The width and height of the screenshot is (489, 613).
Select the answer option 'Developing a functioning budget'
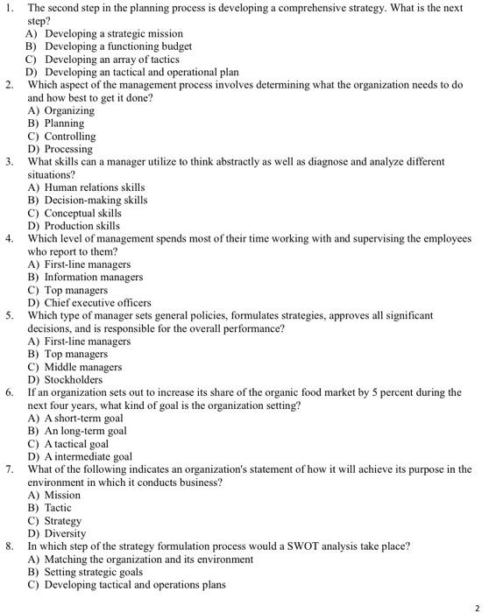tap(117, 46)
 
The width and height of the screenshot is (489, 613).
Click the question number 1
tap(10, 9)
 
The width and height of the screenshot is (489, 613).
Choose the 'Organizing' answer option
tap(69, 111)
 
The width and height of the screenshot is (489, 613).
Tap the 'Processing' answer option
tap(68, 150)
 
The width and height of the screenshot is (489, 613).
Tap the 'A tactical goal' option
tap(79, 444)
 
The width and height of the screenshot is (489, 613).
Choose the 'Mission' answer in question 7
tap(62, 495)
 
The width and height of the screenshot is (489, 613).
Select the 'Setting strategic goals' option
tap(97, 572)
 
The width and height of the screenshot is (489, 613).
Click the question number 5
tap(10, 315)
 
